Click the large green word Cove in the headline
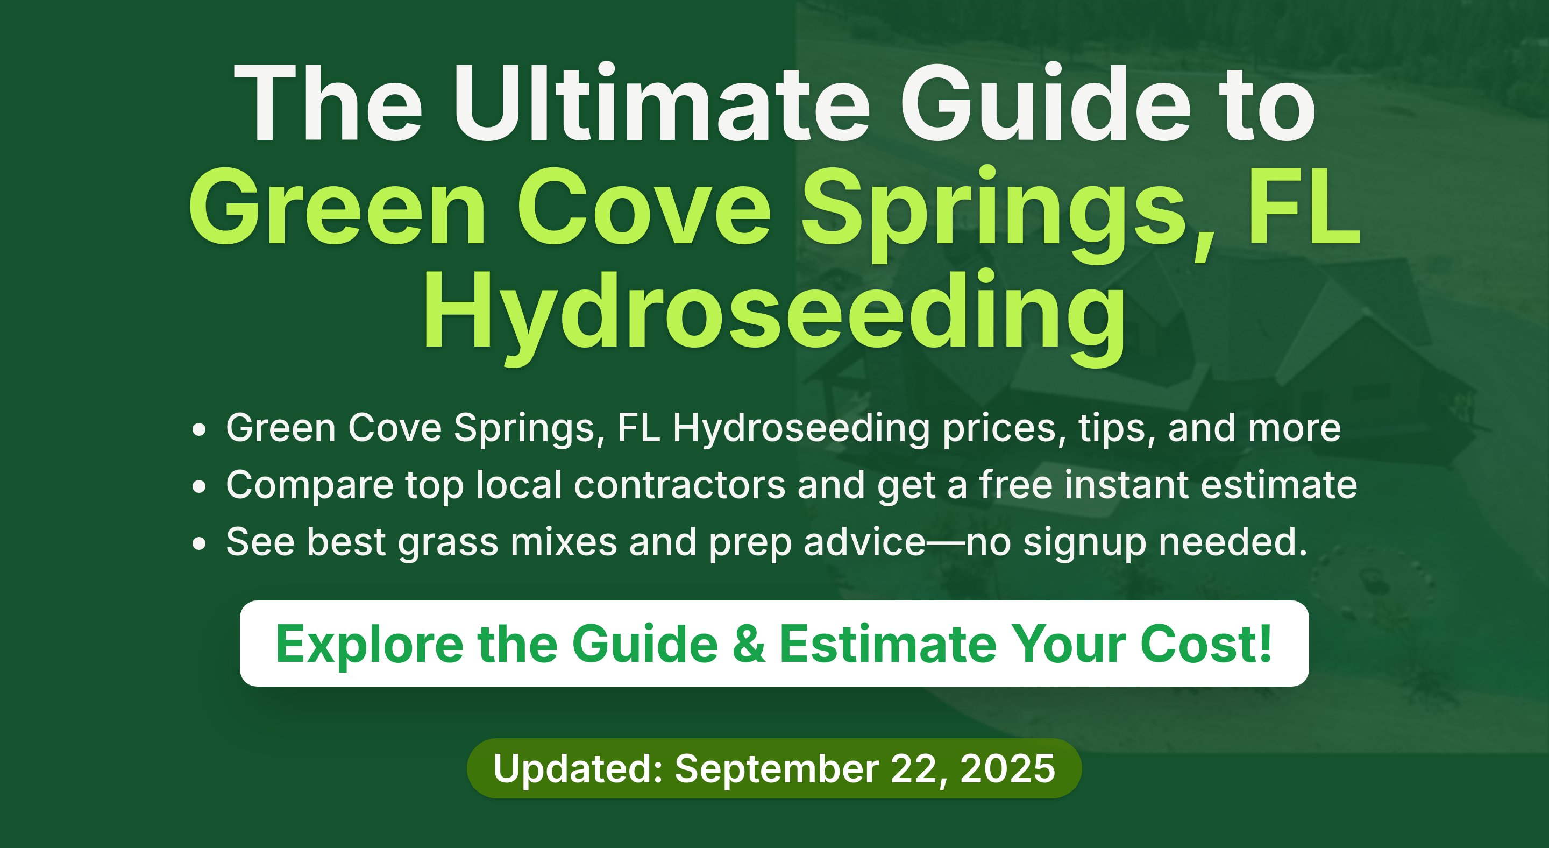644,208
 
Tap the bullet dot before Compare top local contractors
199,486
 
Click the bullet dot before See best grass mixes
199,543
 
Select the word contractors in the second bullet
679,485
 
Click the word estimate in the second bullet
1279,485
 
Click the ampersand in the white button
749,644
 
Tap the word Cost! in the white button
1206,644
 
